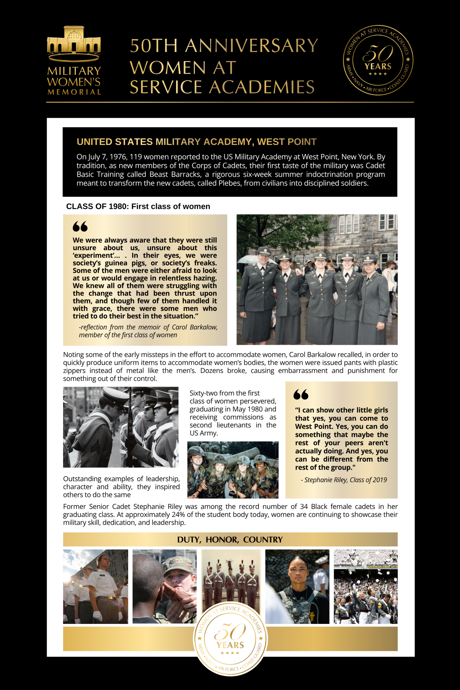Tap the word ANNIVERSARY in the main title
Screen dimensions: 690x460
251,46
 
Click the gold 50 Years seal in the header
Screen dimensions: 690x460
378,60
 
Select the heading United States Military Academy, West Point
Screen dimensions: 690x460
196,142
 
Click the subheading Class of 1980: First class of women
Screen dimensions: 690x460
138,206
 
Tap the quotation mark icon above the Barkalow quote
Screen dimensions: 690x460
80,226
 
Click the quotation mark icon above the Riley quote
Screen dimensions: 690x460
301,394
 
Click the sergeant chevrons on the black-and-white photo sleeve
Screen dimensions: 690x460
95,447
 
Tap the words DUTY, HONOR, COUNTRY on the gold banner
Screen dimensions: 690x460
230,540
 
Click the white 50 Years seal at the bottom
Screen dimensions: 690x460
230,640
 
